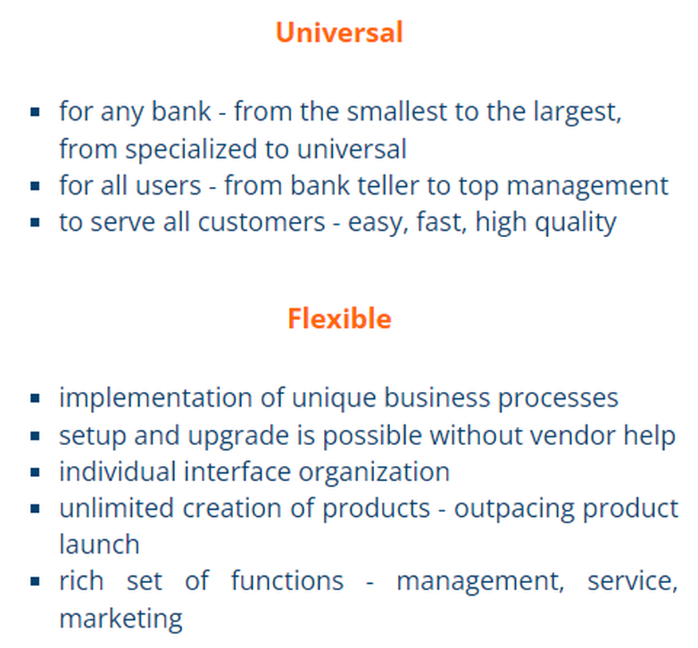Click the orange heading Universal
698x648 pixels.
pos(339,33)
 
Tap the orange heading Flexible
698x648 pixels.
pos(339,319)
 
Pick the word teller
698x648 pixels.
pos(388,185)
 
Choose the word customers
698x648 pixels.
pos(261,223)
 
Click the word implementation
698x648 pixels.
pos(156,398)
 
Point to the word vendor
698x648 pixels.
pos(572,435)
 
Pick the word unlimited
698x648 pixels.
pos(116,508)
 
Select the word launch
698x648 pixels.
pos(99,544)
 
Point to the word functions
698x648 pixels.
pos(287,581)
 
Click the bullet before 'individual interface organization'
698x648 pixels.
pos(35,472)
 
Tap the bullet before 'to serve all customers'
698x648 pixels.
pos(35,222)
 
